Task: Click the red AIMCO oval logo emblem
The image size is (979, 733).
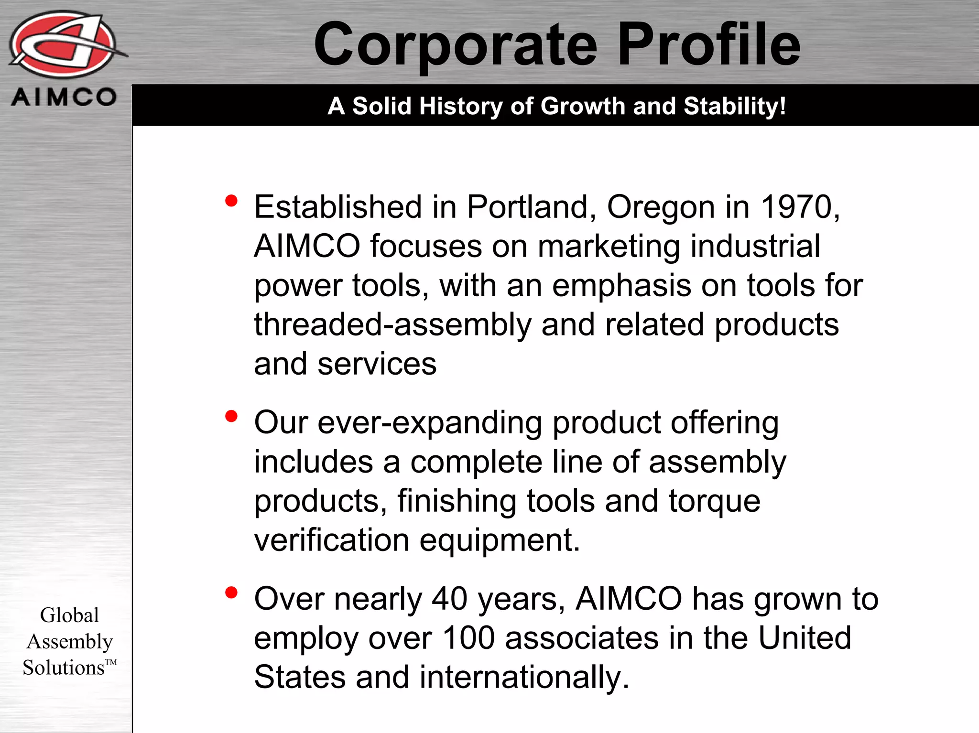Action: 63,44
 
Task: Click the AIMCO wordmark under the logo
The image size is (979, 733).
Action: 64,97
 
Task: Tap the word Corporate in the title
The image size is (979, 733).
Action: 455,45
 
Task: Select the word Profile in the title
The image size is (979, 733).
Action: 709,45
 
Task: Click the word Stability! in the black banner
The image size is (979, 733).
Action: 735,106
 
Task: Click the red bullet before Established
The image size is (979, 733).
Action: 231,201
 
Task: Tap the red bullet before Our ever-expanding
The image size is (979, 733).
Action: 231,416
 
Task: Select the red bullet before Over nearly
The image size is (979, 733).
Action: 231,593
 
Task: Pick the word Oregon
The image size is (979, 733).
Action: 661,208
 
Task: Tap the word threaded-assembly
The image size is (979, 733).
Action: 392,325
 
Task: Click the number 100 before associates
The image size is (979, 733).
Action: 468,638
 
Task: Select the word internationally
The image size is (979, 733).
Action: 524,678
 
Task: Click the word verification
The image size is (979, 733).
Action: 332,540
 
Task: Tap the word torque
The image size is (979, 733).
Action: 714,502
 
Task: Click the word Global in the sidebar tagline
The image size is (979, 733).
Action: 69,615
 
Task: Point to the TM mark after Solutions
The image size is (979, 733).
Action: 111,662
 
